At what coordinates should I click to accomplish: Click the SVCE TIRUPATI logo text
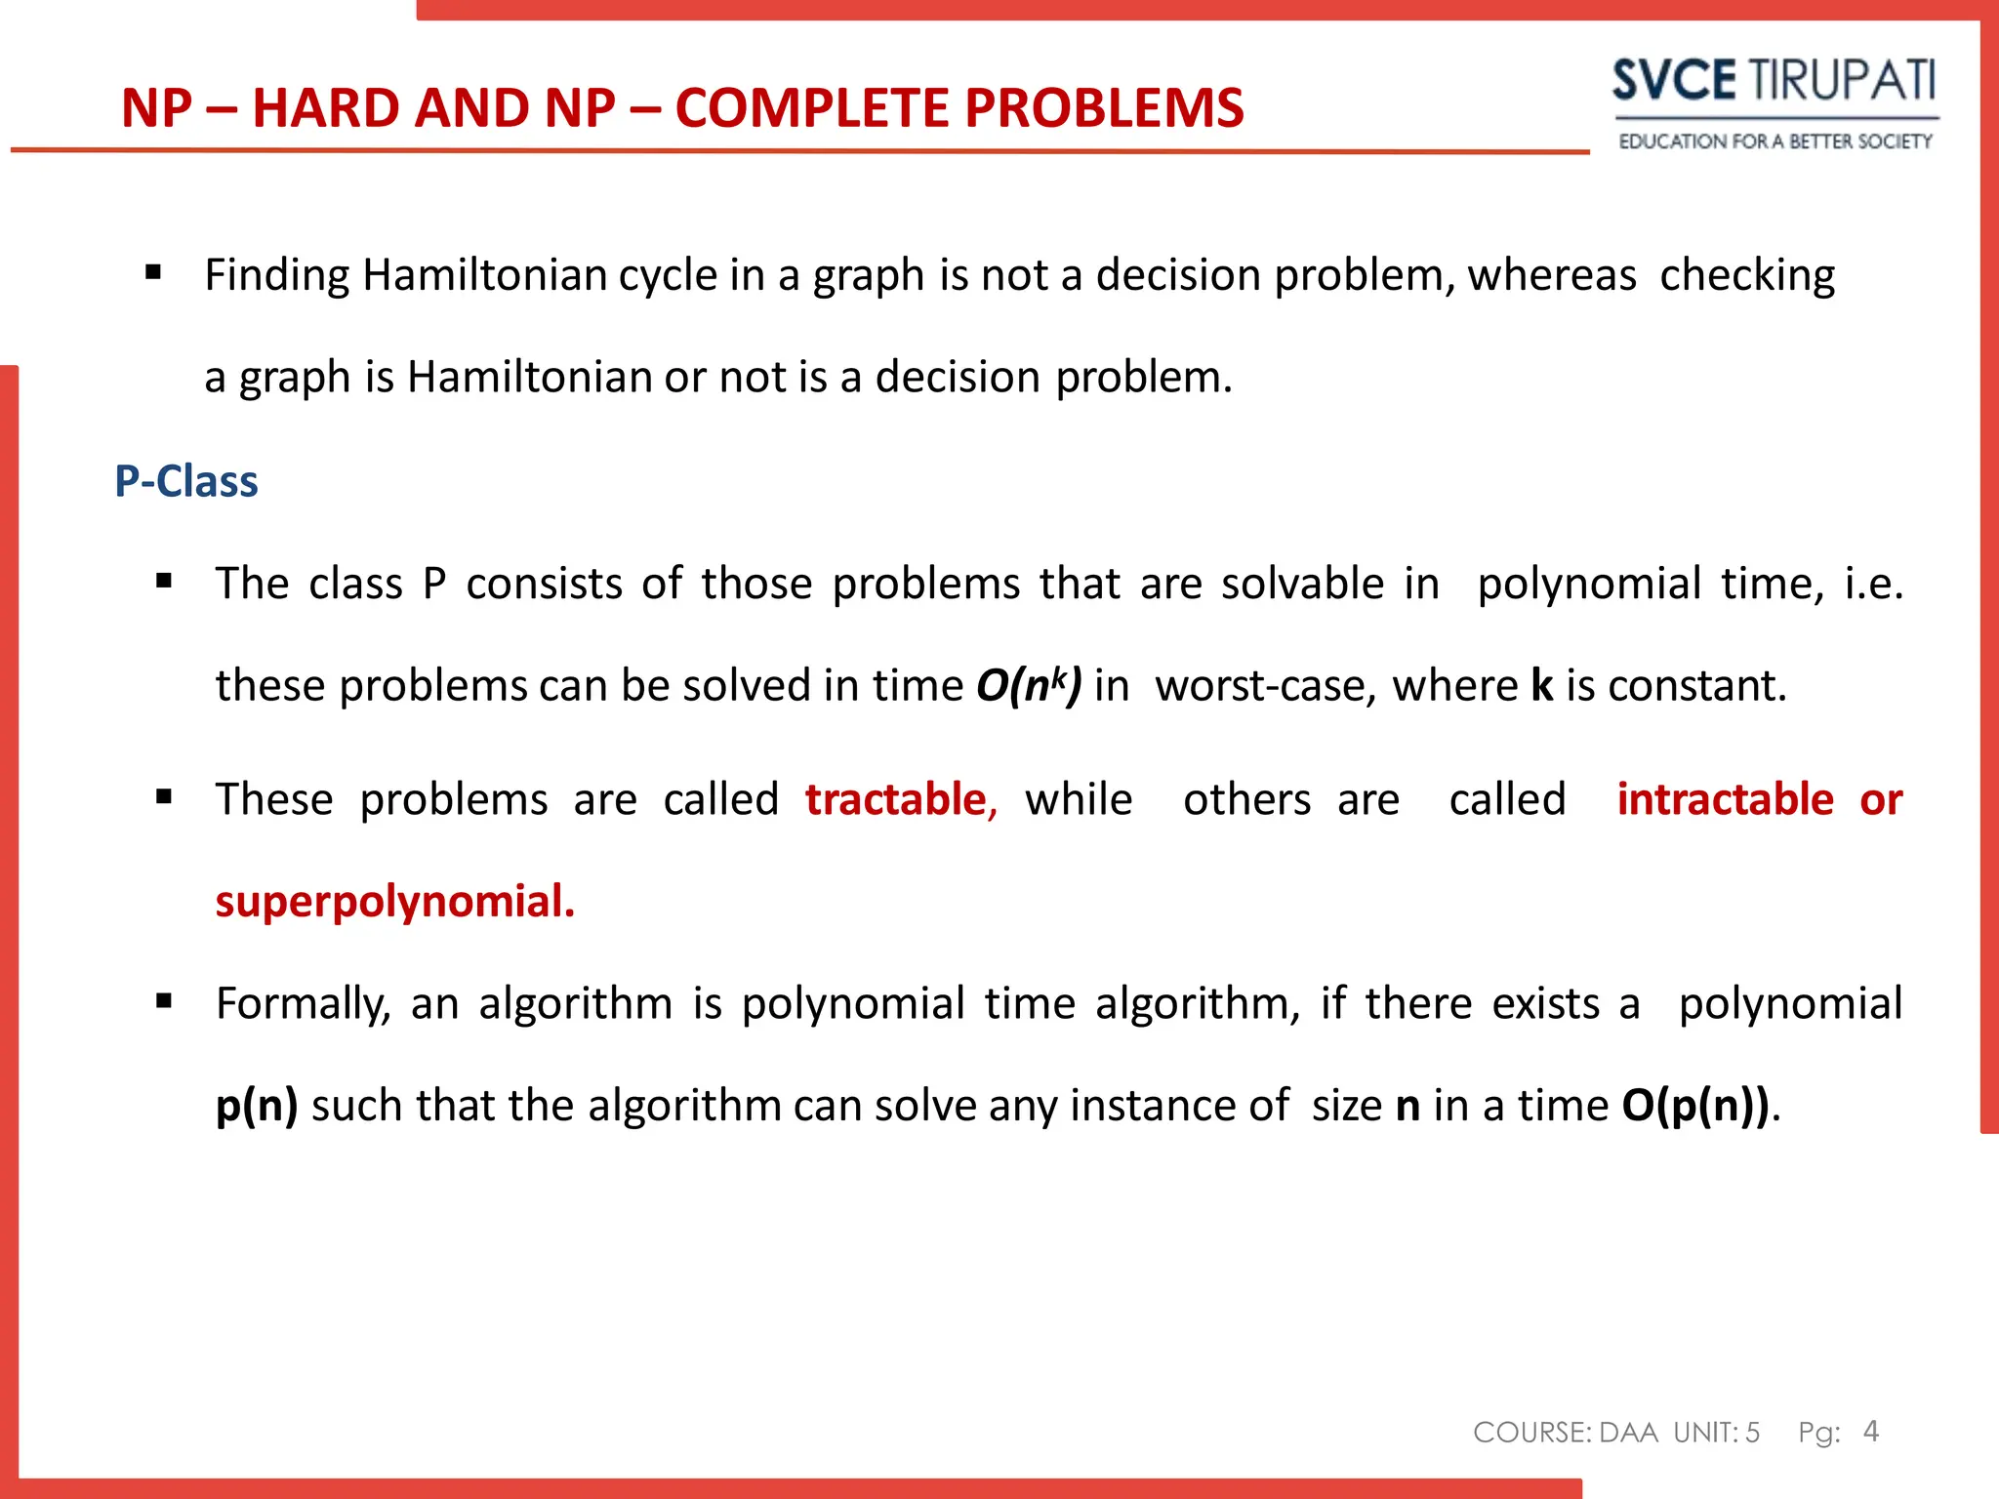(x=1773, y=80)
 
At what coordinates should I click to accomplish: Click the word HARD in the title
(x=322, y=108)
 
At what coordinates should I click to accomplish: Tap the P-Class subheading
(x=185, y=481)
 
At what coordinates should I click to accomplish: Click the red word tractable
(x=896, y=799)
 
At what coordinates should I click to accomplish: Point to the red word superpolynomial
(x=394, y=901)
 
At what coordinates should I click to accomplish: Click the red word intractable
(x=1725, y=799)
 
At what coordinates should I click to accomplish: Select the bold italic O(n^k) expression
(x=1029, y=685)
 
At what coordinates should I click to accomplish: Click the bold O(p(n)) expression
(x=1695, y=1106)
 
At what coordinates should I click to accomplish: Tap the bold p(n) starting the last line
(x=257, y=1106)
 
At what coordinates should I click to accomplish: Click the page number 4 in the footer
(x=1870, y=1431)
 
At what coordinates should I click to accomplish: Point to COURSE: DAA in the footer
(x=1565, y=1433)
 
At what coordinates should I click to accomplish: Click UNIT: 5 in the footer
(x=1716, y=1433)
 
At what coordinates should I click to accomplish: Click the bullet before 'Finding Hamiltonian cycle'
(x=153, y=272)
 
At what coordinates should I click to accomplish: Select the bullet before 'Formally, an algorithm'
(x=164, y=1000)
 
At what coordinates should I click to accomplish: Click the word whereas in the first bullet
(x=1551, y=275)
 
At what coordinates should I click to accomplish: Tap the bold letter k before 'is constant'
(x=1541, y=685)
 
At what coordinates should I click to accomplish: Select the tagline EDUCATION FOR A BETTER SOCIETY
(x=1775, y=142)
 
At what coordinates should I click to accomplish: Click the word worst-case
(x=1266, y=685)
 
